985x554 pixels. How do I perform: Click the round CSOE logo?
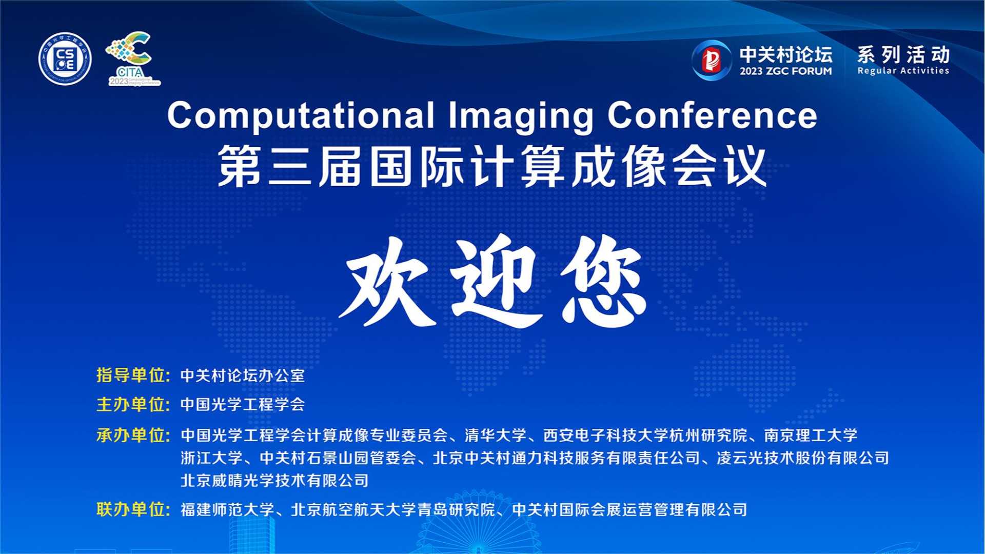point(65,59)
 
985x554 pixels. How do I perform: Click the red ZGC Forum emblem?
point(711,61)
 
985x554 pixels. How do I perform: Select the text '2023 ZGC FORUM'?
point(785,71)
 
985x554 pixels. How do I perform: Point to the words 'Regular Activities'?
point(903,71)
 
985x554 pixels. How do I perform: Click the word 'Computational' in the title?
point(301,115)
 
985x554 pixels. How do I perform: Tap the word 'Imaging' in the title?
point(521,116)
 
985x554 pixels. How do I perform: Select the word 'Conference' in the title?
point(712,115)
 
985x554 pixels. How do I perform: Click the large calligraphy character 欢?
point(387,281)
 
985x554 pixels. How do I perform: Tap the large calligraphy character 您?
point(603,281)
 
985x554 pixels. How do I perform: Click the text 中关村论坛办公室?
point(243,375)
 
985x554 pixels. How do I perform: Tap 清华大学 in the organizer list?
point(496,436)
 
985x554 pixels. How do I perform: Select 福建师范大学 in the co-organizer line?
point(227,510)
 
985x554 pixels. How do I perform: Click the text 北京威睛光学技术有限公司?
point(274,481)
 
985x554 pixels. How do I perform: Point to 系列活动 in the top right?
point(903,54)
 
